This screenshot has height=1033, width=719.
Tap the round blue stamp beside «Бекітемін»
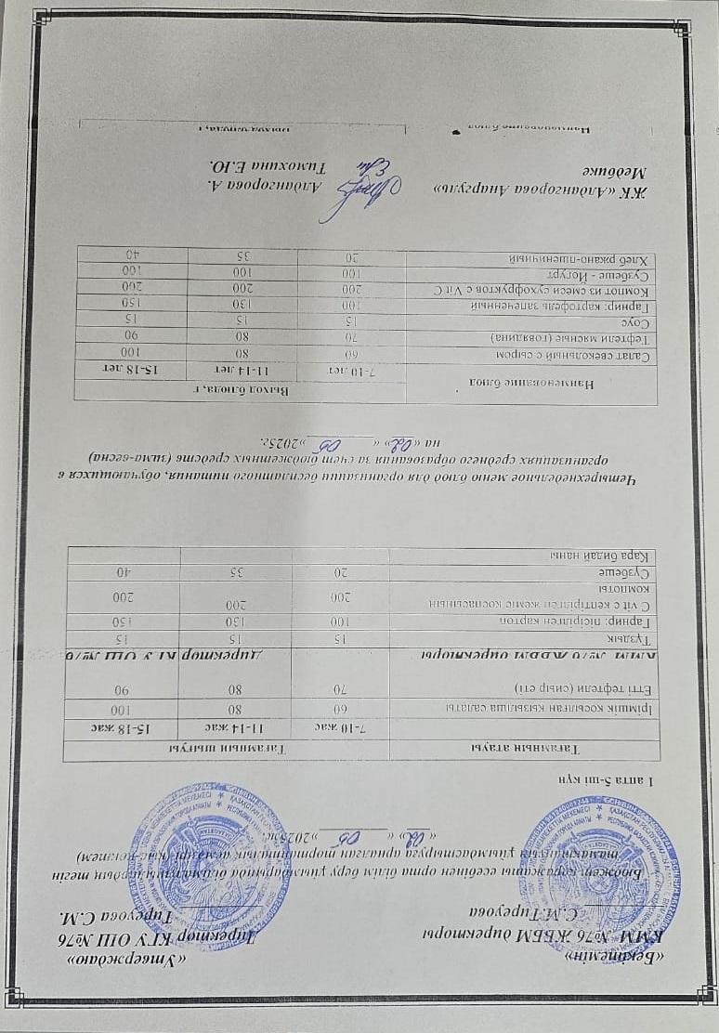click(x=210, y=852)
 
